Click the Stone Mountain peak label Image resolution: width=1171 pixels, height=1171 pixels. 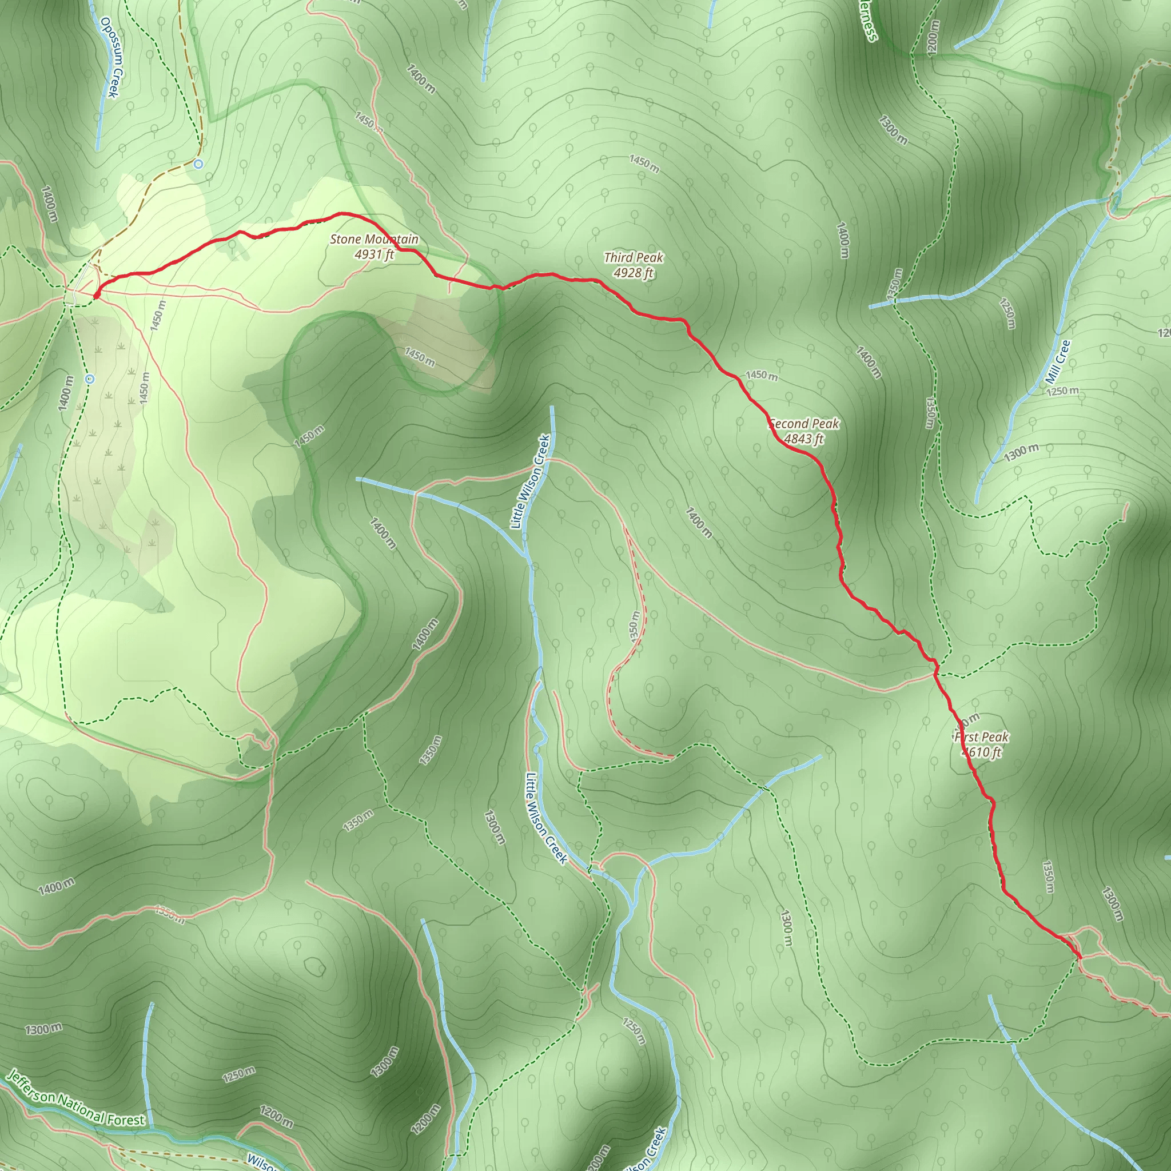pos(374,240)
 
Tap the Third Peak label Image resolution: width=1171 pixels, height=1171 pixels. pos(634,258)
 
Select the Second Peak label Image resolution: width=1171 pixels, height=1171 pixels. pos(804,424)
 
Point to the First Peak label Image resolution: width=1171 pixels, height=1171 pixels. pos(981,737)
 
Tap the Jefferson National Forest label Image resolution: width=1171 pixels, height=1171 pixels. pos(76,1099)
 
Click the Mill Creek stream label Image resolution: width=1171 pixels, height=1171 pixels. pos(1058,361)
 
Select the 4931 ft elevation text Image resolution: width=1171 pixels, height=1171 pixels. pos(375,254)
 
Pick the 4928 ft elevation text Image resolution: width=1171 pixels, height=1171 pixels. pos(634,273)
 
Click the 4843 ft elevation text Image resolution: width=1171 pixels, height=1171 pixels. pos(804,439)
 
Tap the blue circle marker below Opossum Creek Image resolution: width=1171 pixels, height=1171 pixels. pos(198,164)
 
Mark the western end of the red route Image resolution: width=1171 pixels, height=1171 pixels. pos(95,296)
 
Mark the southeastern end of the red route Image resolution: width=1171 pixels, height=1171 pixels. pos(1080,958)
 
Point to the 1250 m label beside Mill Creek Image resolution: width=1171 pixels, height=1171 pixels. pos(1062,391)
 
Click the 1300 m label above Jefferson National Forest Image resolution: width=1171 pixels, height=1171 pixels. pos(43,1029)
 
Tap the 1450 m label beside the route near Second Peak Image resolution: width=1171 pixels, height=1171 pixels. pos(761,376)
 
